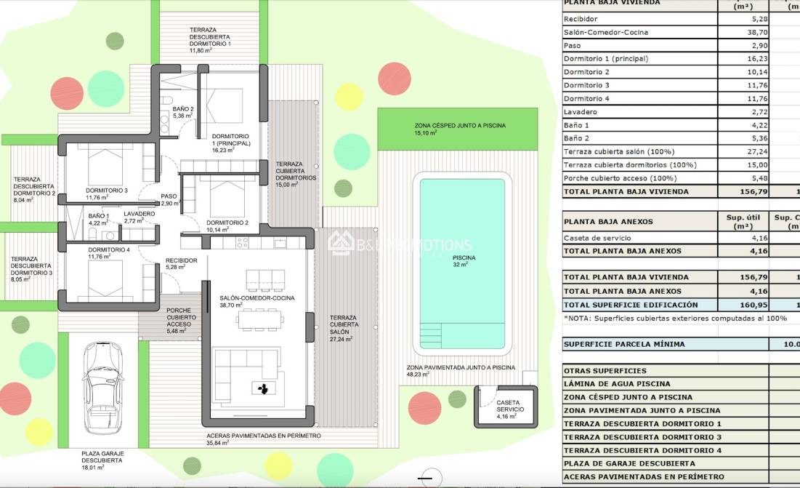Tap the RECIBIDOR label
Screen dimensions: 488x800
[181, 263]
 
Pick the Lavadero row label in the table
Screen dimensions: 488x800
[580, 112]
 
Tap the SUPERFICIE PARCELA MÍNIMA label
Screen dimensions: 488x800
[623, 344]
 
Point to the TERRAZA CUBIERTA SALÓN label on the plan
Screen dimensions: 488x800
[343, 328]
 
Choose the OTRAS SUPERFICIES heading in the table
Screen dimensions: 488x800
[605, 370]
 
